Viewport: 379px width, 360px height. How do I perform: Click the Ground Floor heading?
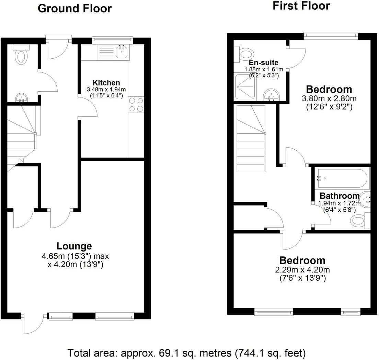tap(75, 9)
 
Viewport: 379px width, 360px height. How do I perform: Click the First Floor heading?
tap(301, 6)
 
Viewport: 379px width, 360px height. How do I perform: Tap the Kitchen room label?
tap(106, 83)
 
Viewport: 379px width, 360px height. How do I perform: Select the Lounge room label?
tap(74, 246)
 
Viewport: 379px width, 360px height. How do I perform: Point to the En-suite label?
tap(263, 62)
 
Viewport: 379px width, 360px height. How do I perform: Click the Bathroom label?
tap(340, 196)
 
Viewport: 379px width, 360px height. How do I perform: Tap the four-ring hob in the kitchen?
tap(136, 105)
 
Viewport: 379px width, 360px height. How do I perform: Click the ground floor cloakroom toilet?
tap(21, 55)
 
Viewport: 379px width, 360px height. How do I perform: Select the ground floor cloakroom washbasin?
tap(22, 98)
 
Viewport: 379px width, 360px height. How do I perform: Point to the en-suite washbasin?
tap(271, 95)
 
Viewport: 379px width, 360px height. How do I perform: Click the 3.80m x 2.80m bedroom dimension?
tap(329, 98)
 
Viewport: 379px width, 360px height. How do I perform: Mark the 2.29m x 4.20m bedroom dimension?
tap(302, 270)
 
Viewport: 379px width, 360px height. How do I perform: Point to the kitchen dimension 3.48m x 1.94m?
tap(106, 89)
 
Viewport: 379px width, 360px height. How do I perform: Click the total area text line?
tap(187, 353)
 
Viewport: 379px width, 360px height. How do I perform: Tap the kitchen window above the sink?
tap(113, 40)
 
